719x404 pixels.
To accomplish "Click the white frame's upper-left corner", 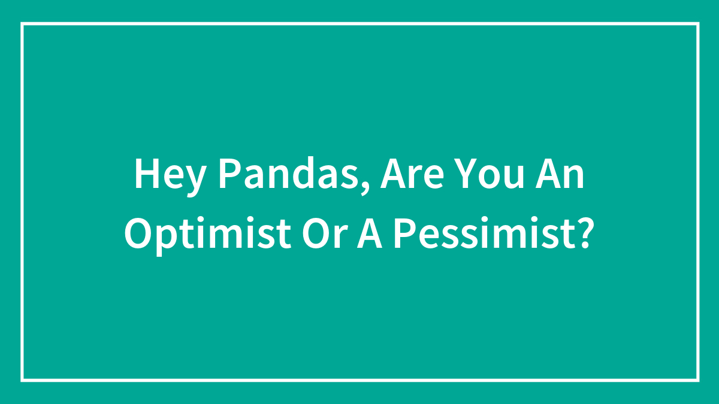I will pos(22,24).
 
